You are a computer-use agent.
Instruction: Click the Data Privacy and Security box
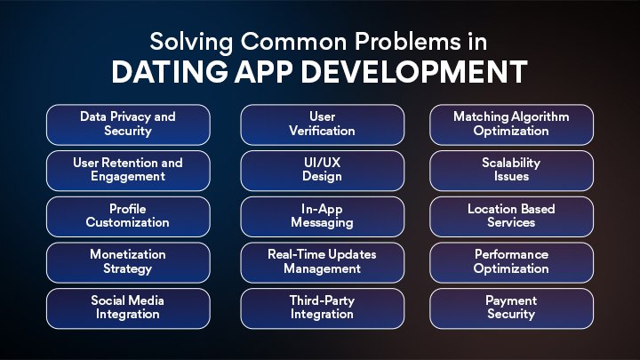point(128,124)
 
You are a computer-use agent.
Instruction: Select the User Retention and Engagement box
point(128,170)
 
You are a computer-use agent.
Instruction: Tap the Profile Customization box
point(128,216)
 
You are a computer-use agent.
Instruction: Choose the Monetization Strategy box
point(128,261)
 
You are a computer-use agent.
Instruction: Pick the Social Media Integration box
point(128,308)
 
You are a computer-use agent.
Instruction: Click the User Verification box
point(322,124)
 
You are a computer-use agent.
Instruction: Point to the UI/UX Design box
point(322,170)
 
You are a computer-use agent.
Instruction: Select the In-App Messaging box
point(322,216)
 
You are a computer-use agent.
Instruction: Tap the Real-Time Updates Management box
point(322,261)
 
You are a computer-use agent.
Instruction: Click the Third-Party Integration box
point(322,308)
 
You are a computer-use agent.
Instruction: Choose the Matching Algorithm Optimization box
point(511,124)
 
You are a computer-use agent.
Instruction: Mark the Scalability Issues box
point(511,170)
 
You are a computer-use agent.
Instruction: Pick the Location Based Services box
point(511,216)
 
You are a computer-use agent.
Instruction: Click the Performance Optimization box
point(511,261)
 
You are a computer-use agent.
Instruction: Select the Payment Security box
point(511,308)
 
